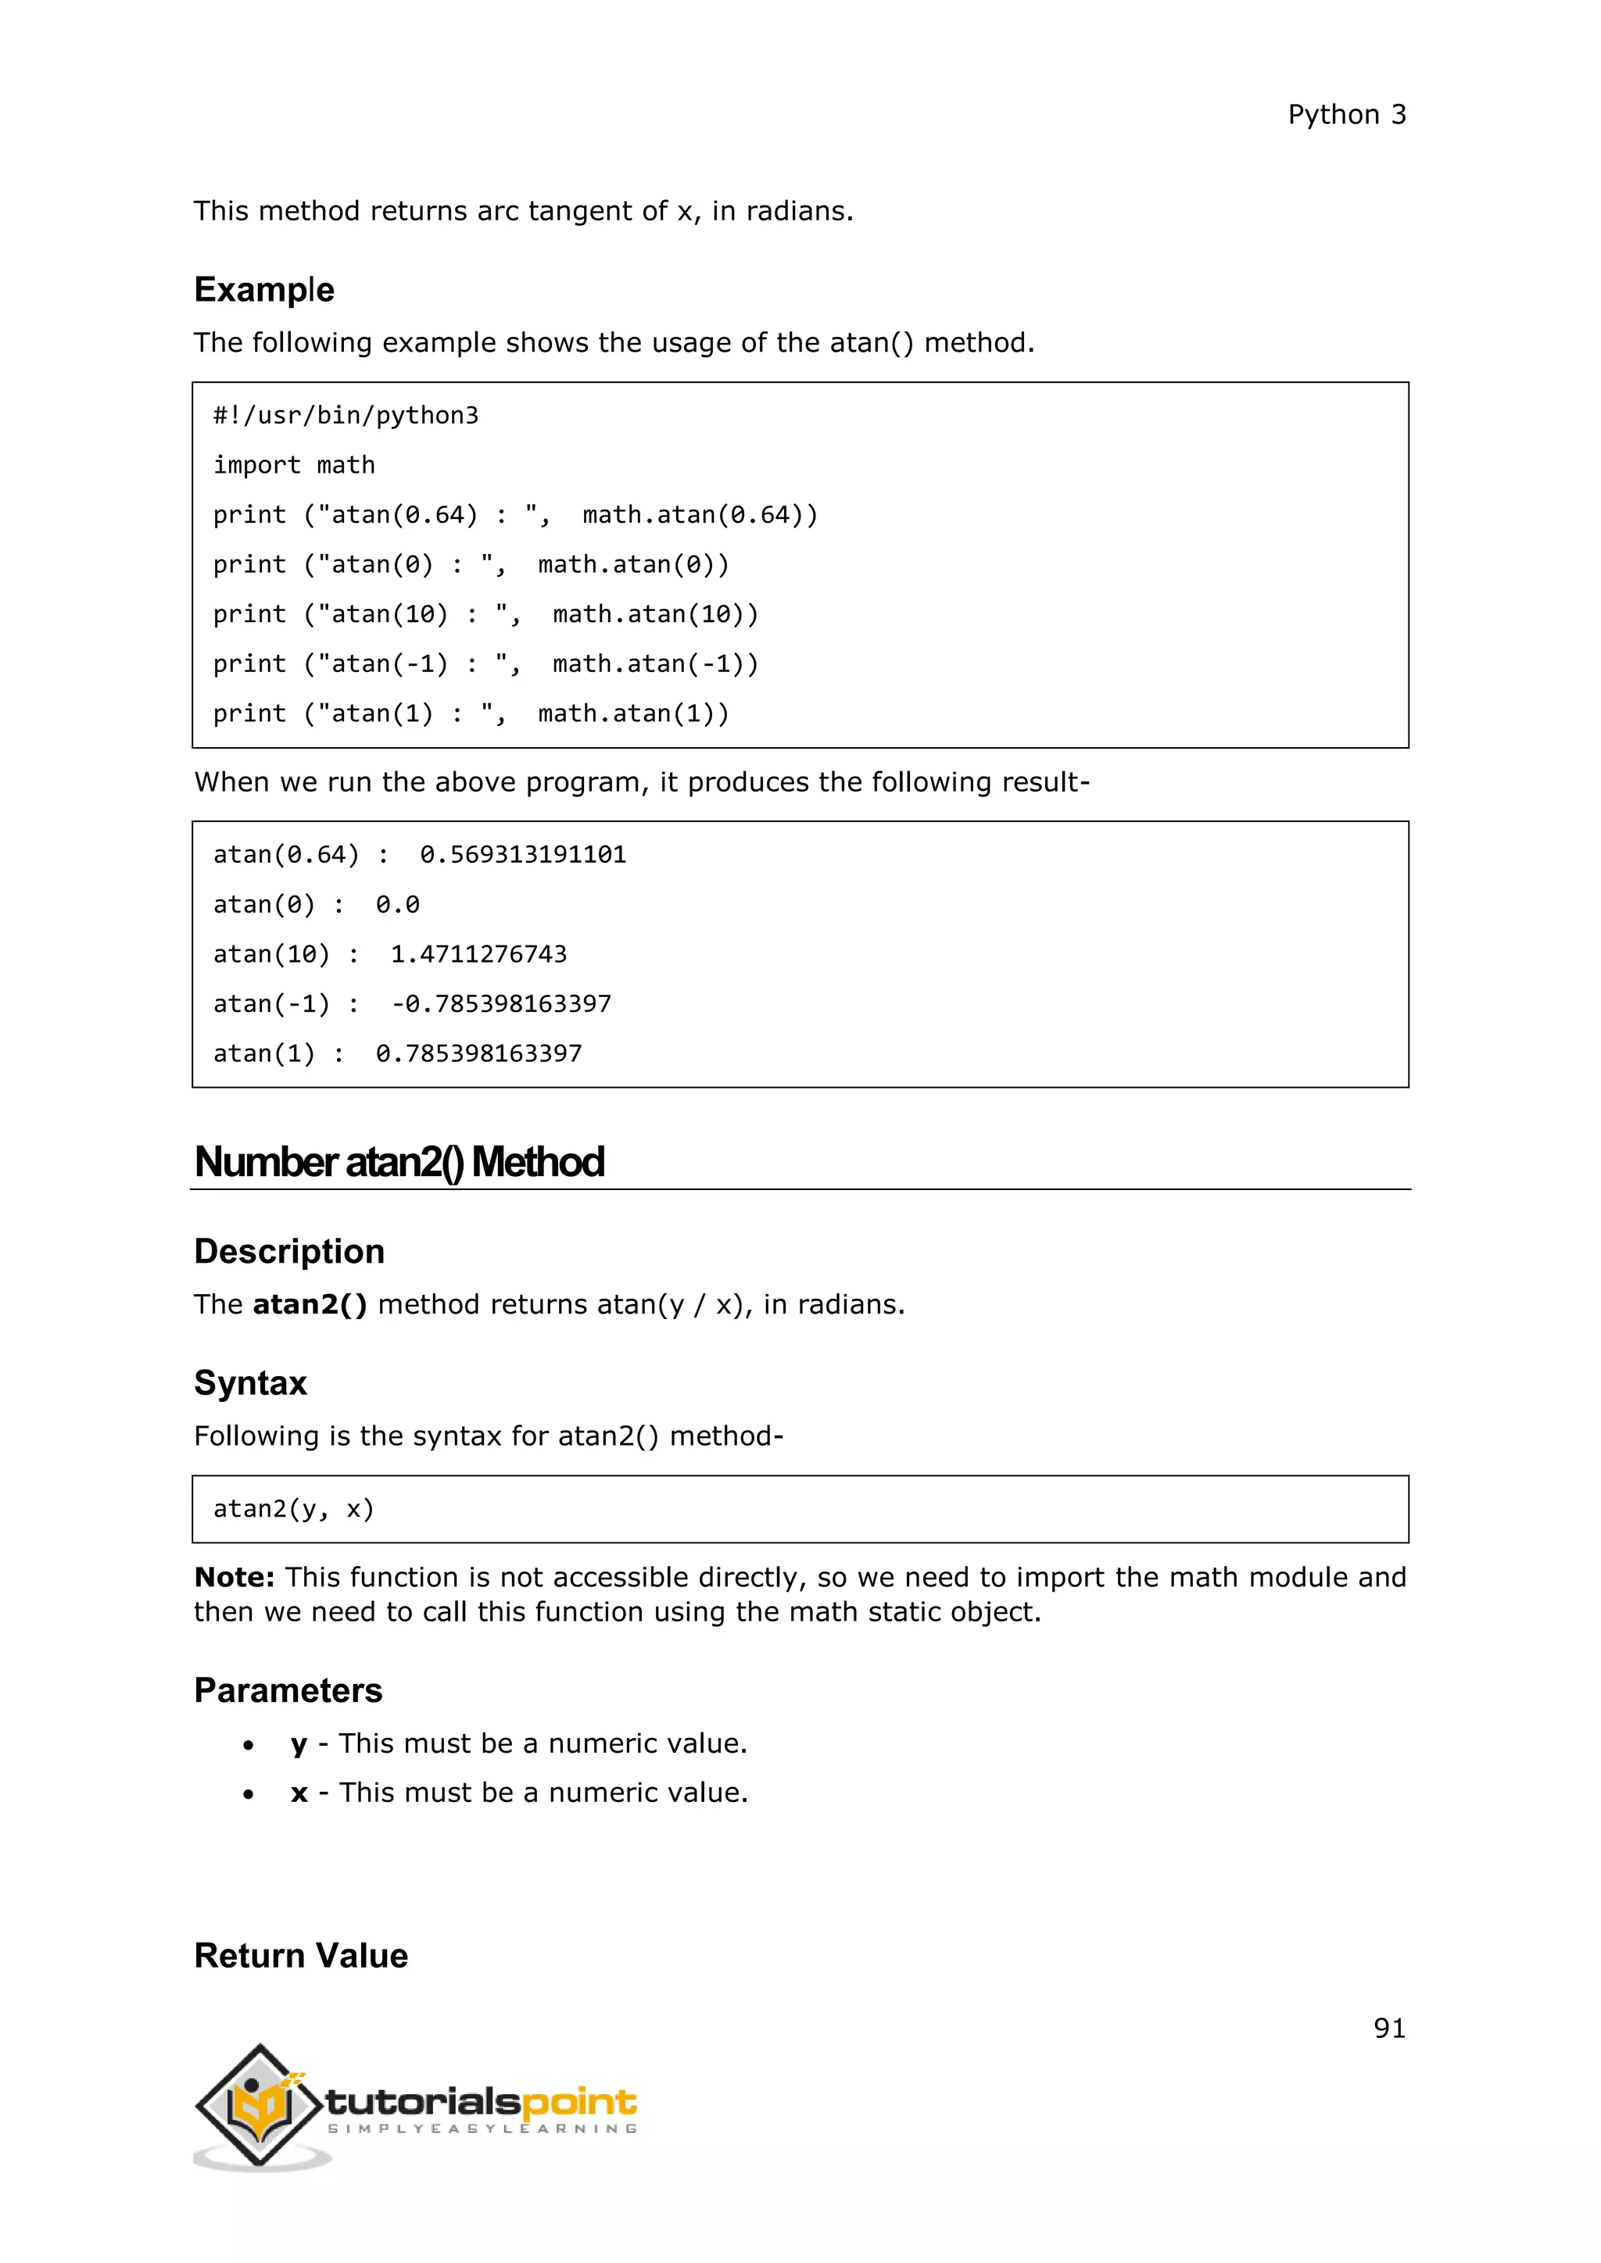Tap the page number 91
[x=1388, y=2028]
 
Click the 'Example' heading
[x=264, y=290]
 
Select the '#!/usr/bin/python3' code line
[x=346, y=416]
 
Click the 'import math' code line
[x=294, y=465]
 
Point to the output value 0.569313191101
[x=522, y=855]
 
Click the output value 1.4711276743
[x=478, y=954]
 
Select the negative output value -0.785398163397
[x=501, y=1003]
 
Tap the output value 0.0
[x=397, y=904]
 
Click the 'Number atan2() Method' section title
[x=399, y=1162]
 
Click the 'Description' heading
[x=288, y=1251]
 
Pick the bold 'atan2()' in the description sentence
[x=310, y=1304]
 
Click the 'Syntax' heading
[x=250, y=1383]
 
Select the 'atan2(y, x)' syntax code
[x=294, y=1509]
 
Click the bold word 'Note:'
[x=235, y=1577]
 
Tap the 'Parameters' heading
[x=288, y=1690]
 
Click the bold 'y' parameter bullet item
[x=299, y=1745]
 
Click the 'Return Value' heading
[x=301, y=1955]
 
